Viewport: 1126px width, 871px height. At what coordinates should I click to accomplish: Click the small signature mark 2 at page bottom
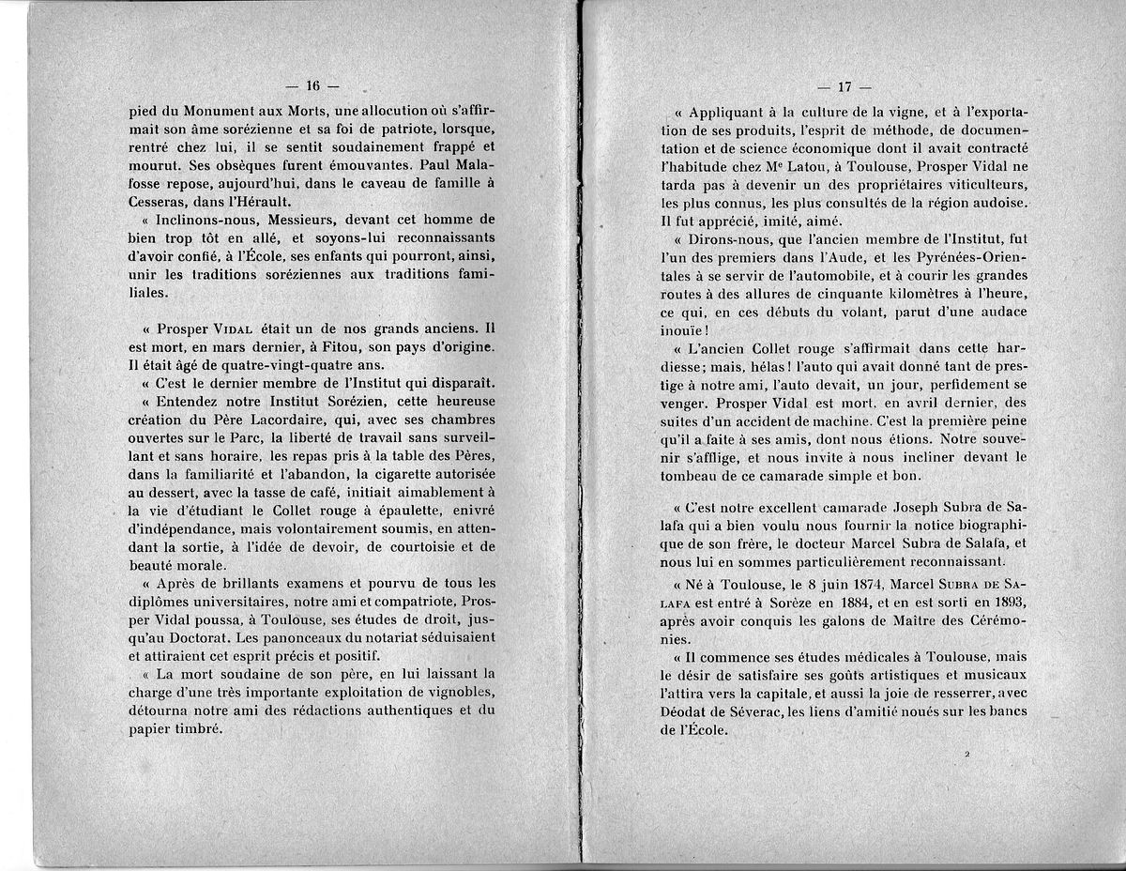pyautogui.click(x=966, y=754)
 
